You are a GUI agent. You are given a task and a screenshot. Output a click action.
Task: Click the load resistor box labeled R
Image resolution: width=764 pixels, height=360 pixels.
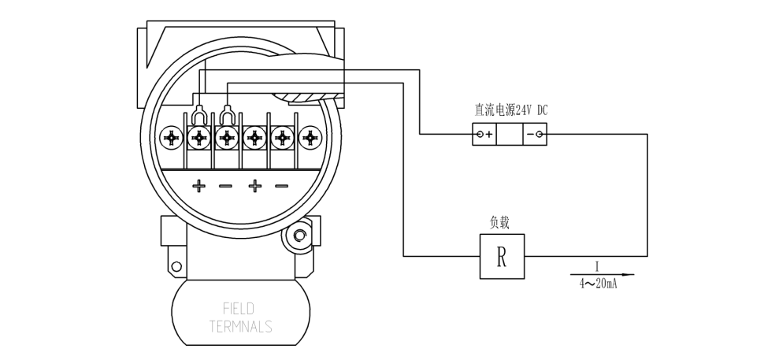502,256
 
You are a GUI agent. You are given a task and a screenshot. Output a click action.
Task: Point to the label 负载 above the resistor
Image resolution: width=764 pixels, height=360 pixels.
500,223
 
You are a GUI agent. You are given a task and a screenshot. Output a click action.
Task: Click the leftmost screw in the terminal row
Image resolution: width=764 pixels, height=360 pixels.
171,139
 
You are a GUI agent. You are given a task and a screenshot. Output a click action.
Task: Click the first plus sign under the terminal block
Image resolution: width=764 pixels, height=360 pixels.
198,187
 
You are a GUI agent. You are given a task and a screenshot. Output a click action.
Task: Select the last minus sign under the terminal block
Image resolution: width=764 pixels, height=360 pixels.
281,187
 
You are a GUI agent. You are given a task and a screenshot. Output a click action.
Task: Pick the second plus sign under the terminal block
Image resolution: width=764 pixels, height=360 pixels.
254,187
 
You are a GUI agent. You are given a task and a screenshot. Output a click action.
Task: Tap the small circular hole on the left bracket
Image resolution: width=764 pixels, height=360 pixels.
176,265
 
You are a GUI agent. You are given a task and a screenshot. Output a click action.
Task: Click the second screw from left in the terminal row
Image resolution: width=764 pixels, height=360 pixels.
198,139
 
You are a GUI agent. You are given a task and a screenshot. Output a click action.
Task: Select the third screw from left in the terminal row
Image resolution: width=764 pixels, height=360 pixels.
227,139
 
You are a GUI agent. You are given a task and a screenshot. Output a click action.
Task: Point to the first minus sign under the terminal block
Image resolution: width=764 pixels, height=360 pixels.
225,187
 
